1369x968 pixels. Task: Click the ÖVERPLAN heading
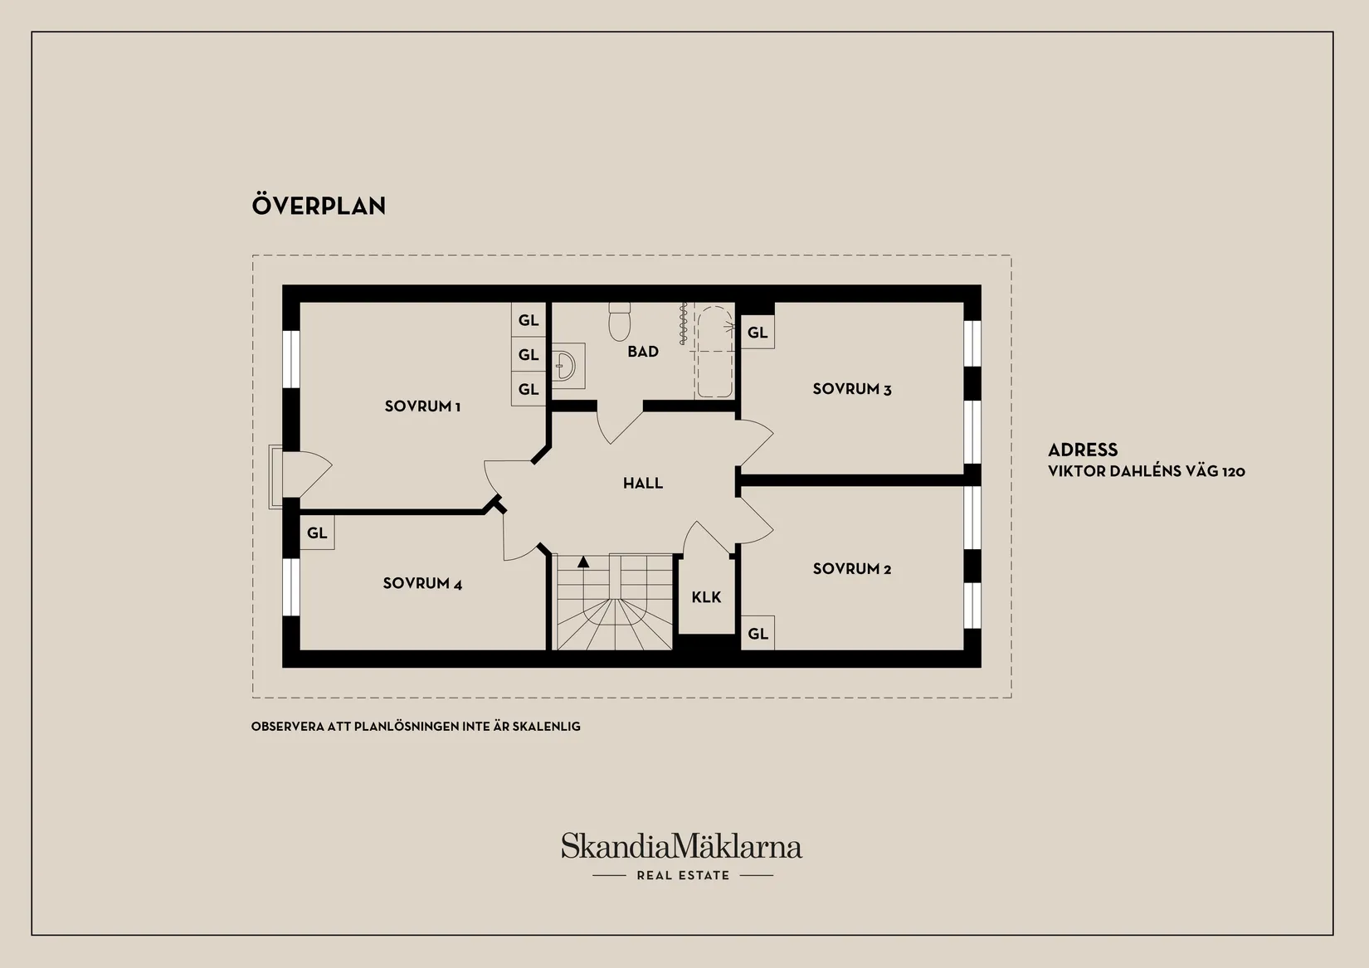[319, 206]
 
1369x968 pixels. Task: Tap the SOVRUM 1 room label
[422, 406]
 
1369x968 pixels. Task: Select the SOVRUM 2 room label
[852, 569]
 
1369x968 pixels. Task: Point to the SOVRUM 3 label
[852, 389]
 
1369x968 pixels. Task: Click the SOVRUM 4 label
[422, 584]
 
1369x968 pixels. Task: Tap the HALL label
[643, 484]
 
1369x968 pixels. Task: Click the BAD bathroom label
[643, 352]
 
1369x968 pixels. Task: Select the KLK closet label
[707, 597]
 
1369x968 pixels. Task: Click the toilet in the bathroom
[619, 322]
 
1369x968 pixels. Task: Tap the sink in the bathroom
[565, 366]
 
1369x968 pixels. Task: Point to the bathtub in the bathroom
[714, 352]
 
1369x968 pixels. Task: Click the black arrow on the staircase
[583, 562]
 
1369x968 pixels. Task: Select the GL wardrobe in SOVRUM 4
[317, 533]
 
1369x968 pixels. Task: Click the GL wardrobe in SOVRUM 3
[758, 333]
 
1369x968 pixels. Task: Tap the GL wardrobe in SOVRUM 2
[758, 634]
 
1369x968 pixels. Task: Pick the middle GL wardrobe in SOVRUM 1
[529, 354]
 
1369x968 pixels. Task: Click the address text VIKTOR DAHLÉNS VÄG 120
[1147, 471]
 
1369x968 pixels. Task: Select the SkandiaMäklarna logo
[682, 846]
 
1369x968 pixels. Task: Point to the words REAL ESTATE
[684, 876]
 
